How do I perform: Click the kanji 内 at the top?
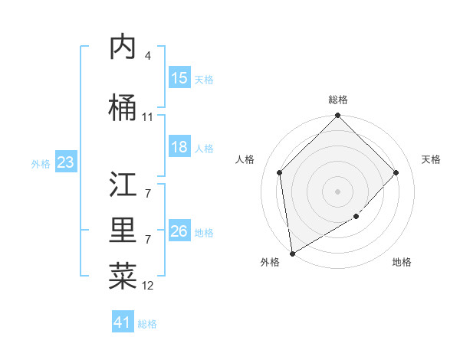click(x=123, y=47)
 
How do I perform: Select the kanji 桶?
click(x=123, y=108)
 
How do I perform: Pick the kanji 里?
click(x=123, y=231)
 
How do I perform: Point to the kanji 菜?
click(x=123, y=277)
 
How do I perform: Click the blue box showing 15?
click(x=179, y=78)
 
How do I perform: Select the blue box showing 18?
click(x=179, y=147)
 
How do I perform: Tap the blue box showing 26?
click(x=179, y=231)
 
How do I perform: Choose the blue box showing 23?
click(x=65, y=162)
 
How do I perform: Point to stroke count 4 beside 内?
click(x=147, y=56)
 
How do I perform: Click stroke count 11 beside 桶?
click(x=147, y=117)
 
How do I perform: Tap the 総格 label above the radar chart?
click(x=338, y=100)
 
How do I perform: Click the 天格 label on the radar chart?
click(x=432, y=159)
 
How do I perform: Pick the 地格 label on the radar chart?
click(x=402, y=262)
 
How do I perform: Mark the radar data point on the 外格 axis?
click(x=292, y=254)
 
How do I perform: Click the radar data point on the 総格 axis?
click(x=338, y=116)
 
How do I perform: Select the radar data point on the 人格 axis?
click(x=280, y=172)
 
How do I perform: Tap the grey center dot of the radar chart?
click(x=338, y=191)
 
